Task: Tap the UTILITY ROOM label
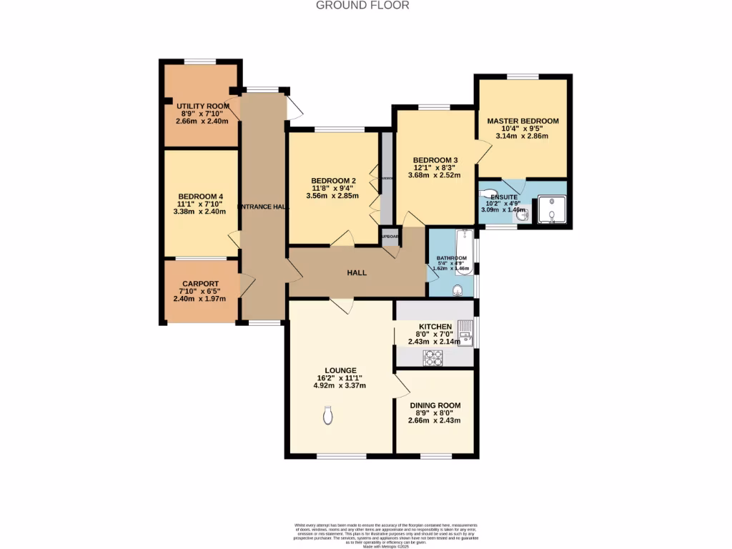203,107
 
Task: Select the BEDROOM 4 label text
201,197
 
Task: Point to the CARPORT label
199,284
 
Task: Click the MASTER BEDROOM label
523,121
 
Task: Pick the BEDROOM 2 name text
333,180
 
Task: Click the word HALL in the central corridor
357,272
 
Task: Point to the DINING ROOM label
435,405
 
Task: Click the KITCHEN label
435,326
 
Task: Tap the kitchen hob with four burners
434,358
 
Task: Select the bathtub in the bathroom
463,252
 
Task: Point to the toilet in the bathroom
457,289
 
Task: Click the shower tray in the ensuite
552,209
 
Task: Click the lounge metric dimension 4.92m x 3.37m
340,386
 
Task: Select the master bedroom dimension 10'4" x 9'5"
523,129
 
